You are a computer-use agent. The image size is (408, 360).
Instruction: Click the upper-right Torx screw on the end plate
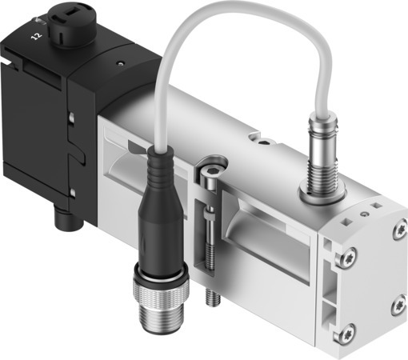coord(394,233)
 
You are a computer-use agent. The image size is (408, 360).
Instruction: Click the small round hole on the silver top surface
coord(264,145)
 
